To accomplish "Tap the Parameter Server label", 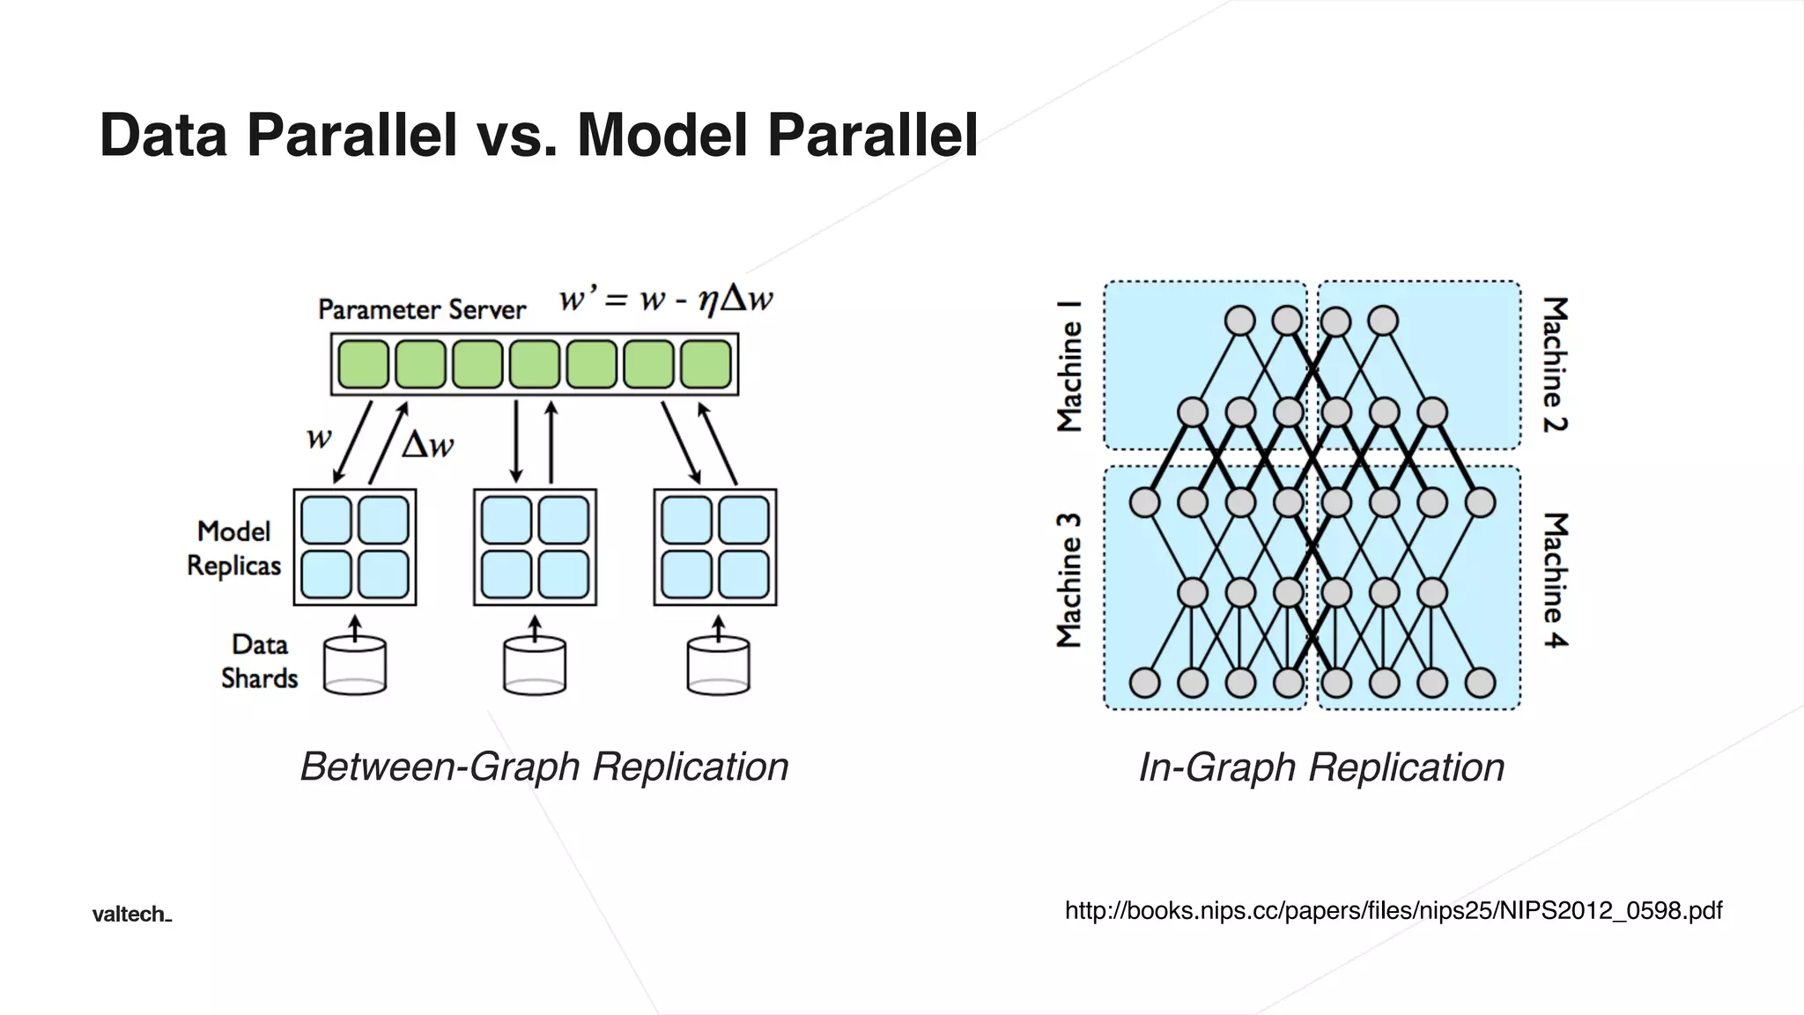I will [421, 309].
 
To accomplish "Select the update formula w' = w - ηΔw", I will [666, 300].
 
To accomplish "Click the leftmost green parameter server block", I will [363, 364].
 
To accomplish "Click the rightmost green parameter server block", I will [706, 364].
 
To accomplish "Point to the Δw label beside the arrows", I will [427, 445].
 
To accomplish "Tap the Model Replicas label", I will [233, 548].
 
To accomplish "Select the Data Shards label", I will [259, 661].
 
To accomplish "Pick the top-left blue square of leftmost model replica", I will [326, 520].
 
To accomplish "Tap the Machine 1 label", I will [1068, 366].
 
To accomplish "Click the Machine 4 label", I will [1556, 580].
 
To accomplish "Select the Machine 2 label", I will [1556, 364].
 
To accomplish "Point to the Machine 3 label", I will [1068, 580].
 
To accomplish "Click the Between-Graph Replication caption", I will [543, 767].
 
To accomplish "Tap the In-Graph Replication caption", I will [1321, 767].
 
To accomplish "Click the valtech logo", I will [131, 915].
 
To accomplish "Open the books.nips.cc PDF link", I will [1393, 910].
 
